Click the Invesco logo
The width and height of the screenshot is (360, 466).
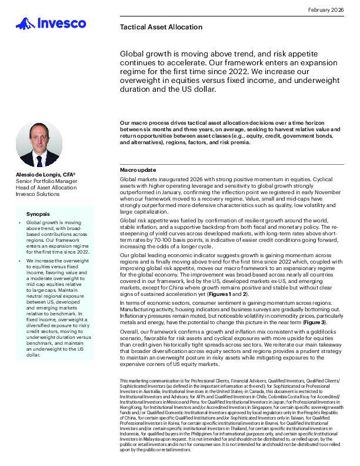pyautogui.click(x=51, y=24)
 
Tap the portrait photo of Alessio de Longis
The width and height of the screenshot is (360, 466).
pyautogui.click(x=38, y=144)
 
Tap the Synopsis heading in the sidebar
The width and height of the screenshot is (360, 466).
pyautogui.click(x=39, y=214)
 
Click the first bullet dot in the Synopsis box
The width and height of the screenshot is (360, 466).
pyautogui.click(x=21, y=224)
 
